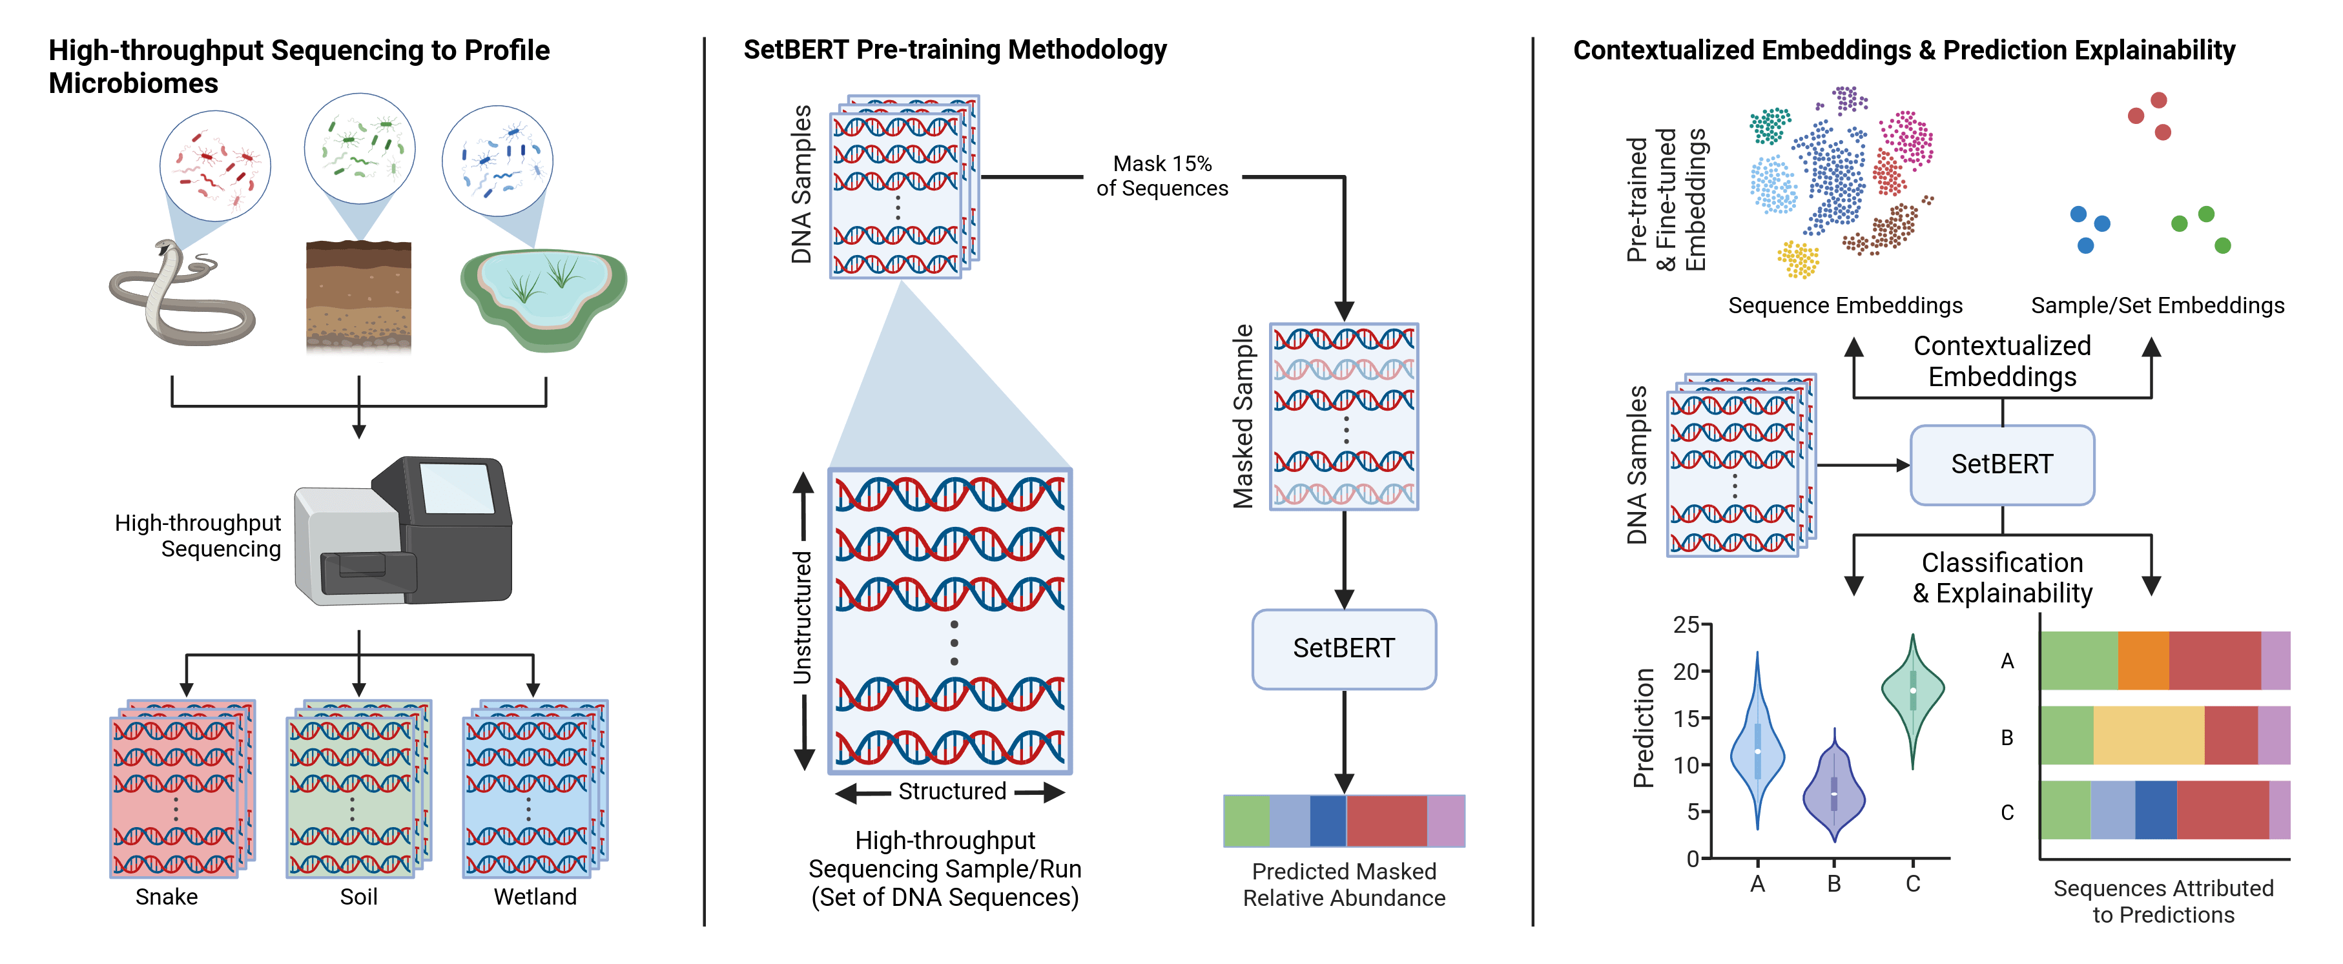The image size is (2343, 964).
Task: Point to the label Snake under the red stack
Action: [x=167, y=897]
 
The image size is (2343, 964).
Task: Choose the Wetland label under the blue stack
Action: [x=535, y=897]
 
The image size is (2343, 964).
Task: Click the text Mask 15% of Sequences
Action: [x=1162, y=176]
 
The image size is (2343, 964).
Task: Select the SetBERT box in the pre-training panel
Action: [x=1343, y=648]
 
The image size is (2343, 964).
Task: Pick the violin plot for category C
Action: [x=1913, y=695]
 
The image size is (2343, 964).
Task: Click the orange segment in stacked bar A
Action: [x=2143, y=661]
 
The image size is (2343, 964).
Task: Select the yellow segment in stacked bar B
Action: [x=2149, y=735]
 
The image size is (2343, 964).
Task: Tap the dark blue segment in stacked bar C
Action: [x=2156, y=810]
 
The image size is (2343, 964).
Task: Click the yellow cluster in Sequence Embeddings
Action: [x=1798, y=259]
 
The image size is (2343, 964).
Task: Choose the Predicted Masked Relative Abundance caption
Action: [x=1343, y=884]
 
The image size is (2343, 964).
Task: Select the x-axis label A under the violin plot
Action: [x=1757, y=884]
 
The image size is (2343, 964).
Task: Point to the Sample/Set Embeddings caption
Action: [x=2158, y=305]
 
